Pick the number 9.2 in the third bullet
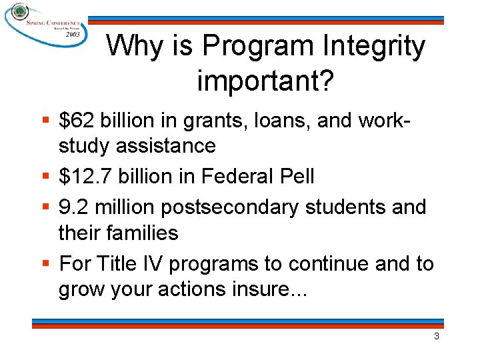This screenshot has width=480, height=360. pos(74,207)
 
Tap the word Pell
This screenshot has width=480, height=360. pos(293,176)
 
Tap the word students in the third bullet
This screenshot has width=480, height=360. pos(348,207)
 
